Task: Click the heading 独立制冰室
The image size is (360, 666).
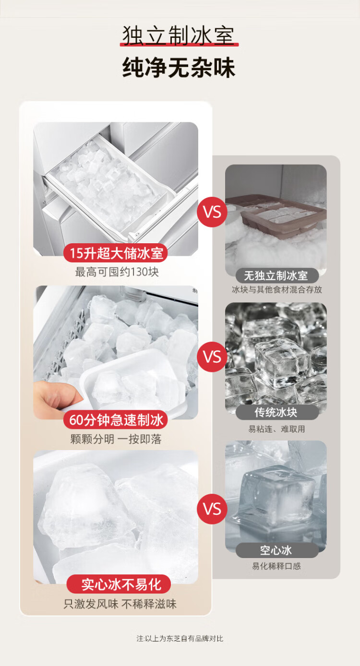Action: pyautogui.click(x=179, y=36)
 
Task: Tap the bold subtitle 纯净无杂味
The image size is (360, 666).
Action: pyautogui.click(x=179, y=68)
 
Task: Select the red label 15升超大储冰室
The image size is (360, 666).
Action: pyautogui.click(x=116, y=253)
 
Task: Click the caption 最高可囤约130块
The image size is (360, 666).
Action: pyautogui.click(x=117, y=272)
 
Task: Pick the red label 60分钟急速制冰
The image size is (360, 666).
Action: pyautogui.click(x=116, y=420)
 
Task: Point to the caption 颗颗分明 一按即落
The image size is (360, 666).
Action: pyautogui.click(x=116, y=439)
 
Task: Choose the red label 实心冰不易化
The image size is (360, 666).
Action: pyautogui.click(x=119, y=584)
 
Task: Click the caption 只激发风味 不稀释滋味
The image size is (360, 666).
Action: pyautogui.click(x=120, y=604)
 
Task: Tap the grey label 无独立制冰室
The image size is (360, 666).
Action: pyautogui.click(x=276, y=275)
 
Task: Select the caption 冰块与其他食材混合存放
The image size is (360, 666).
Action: pyautogui.click(x=277, y=290)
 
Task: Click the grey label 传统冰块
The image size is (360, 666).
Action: pyautogui.click(x=276, y=412)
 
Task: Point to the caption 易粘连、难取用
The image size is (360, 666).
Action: pyautogui.click(x=276, y=429)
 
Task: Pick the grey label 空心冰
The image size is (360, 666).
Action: pyautogui.click(x=276, y=550)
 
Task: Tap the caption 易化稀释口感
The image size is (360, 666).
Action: pyautogui.click(x=276, y=566)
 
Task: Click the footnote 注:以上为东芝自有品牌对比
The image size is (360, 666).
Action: pyautogui.click(x=180, y=639)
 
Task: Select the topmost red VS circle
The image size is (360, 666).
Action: pyautogui.click(x=212, y=212)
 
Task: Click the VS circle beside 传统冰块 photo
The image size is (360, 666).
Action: pyautogui.click(x=212, y=357)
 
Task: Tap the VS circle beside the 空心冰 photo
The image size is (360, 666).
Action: pyautogui.click(x=212, y=509)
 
